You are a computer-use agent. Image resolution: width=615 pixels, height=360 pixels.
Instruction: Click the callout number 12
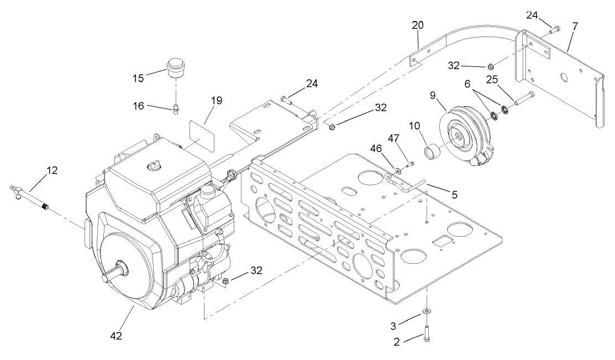(x=51, y=171)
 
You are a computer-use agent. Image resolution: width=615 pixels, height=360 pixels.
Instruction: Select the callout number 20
(x=418, y=25)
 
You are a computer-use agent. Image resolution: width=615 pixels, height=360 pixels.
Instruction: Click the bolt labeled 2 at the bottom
(x=428, y=334)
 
